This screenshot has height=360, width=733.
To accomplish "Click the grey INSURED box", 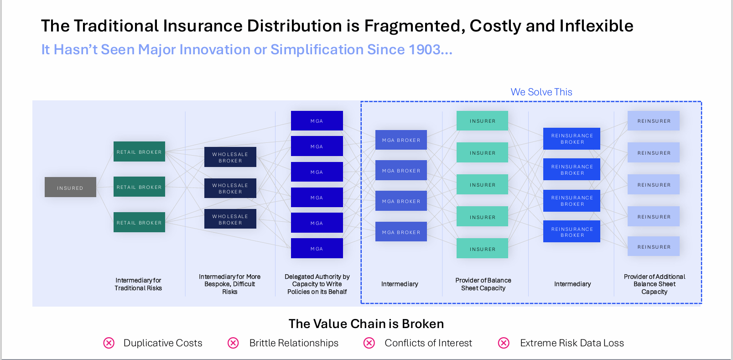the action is [x=70, y=187].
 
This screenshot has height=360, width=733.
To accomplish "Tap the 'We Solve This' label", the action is [x=541, y=92].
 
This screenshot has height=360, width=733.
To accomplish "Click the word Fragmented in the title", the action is [x=415, y=26].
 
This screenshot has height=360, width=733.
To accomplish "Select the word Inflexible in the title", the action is [x=596, y=26].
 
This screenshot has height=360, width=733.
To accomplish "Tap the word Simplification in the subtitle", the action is [x=317, y=50].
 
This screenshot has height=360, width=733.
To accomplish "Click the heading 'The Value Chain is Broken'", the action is [x=366, y=323].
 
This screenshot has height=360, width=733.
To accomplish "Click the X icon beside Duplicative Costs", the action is [x=109, y=343].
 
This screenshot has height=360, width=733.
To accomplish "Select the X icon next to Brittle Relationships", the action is [x=234, y=343].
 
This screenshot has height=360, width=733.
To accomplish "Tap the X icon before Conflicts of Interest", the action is [x=369, y=343].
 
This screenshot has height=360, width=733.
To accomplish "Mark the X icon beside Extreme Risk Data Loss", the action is [x=504, y=343].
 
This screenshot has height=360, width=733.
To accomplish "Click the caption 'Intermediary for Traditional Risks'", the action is [x=138, y=284].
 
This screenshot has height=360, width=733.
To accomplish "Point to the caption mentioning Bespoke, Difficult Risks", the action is [x=230, y=284].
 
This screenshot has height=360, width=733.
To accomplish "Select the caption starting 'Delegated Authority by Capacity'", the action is [x=317, y=284].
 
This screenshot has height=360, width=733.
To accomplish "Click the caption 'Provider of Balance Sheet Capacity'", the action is [x=483, y=284].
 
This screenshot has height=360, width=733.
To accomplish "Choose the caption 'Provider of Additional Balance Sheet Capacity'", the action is [x=654, y=284].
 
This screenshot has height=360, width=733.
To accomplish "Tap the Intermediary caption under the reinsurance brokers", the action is [x=572, y=284].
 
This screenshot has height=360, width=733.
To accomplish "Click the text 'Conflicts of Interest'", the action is [x=428, y=343].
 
